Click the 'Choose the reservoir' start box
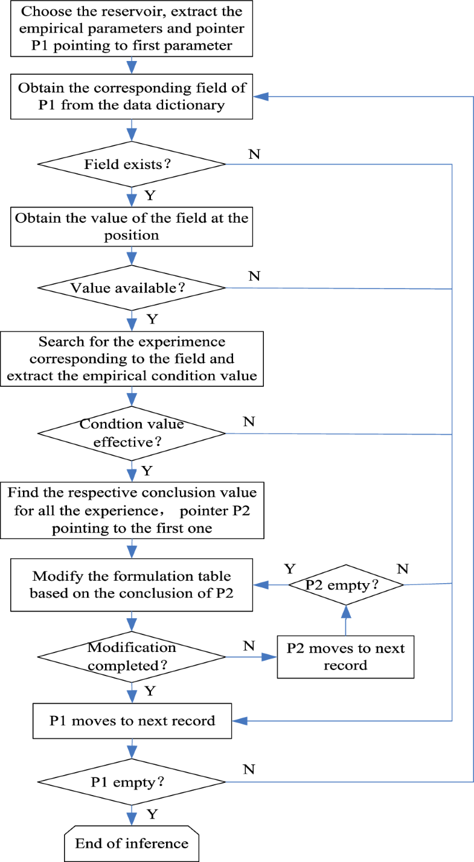(x=132, y=29)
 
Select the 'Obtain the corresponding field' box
(x=132, y=97)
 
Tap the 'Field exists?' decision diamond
(x=132, y=164)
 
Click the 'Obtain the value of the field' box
(x=132, y=226)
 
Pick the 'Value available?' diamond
(x=132, y=288)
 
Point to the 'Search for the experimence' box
(x=132, y=360)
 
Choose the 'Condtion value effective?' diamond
(x=132, y=433)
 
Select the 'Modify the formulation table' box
(x=132, y=584)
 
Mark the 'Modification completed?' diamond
(x=132, y=656)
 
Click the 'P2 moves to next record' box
(x=345, y=656)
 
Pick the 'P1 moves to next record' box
(x=132, y=720)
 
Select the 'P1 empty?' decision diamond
(x=132, y=782)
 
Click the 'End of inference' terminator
(x=132, y=843)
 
